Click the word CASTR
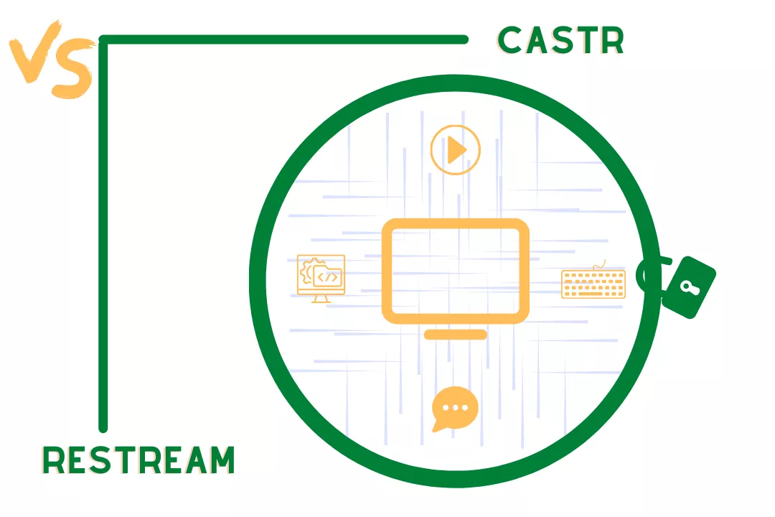[x=561, y=41]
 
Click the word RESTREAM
[x=138, y=460]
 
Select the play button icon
[x=455, y=151]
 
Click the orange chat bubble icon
[x=454, y=409]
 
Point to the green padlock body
[x=687, y=288]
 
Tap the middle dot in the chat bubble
[x=455, y=407]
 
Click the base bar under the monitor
[x=456, y=335]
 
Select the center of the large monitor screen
[x=456, y=270]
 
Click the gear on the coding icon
[x=306, y=272]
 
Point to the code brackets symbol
[x=329, y=276]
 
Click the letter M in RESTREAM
[x=221, y=460]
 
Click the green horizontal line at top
[x=287, y=40]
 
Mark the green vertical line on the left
[x=103, y=237]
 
